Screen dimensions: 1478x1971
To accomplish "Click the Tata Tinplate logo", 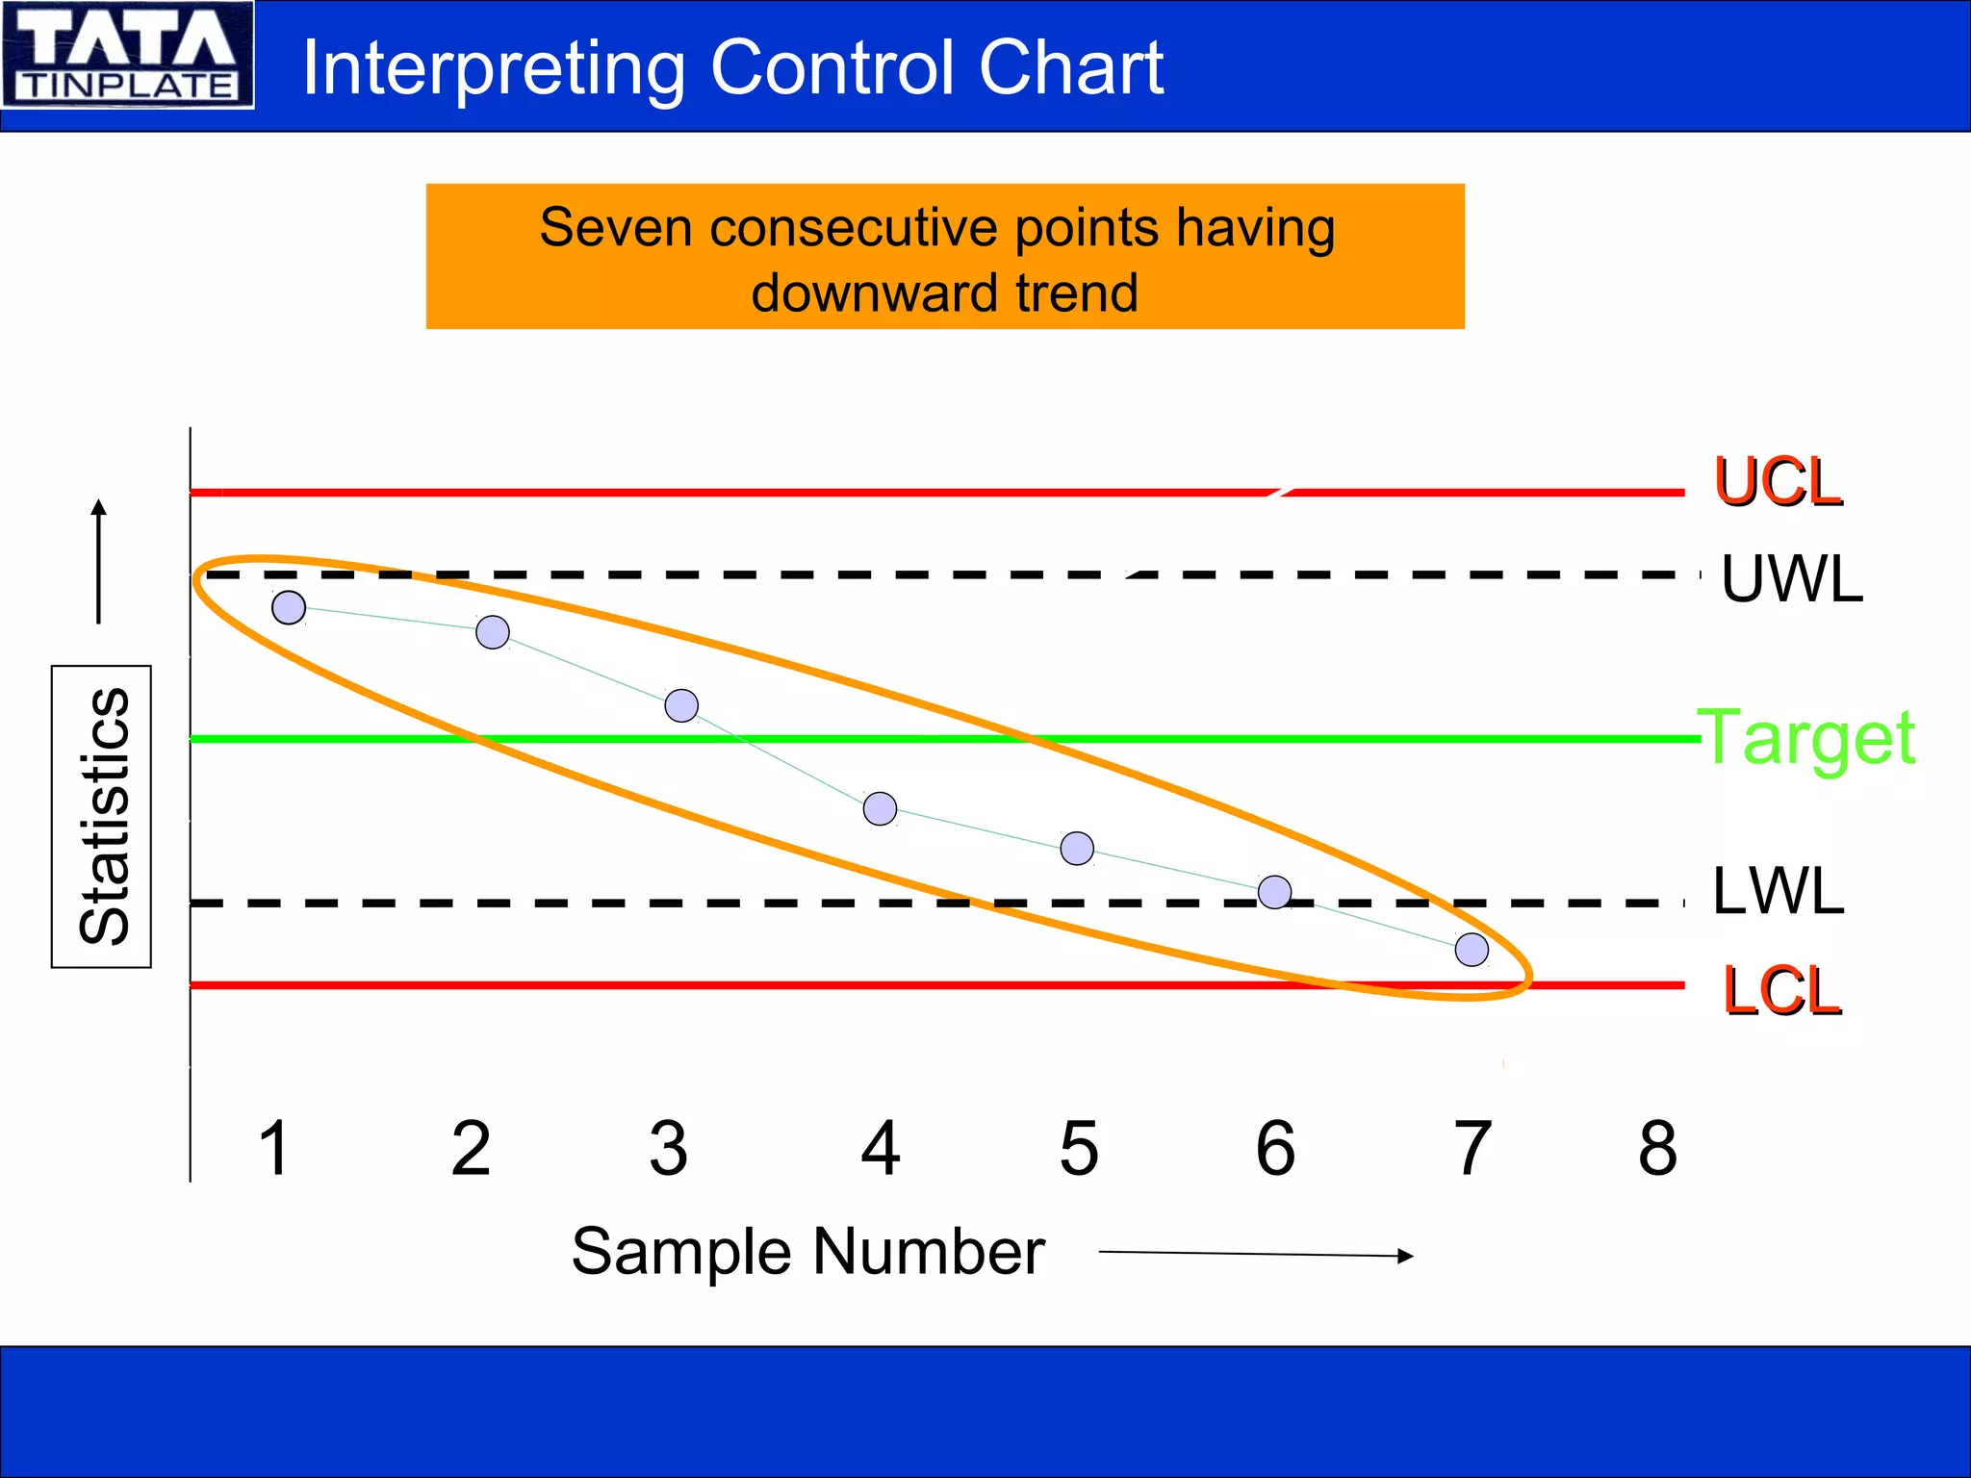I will tap(127, 54).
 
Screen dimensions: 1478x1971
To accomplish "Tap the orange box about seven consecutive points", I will tap(944, 257).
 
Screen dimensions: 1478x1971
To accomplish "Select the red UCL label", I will tap(1778, 482).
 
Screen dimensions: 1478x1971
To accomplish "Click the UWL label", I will tap(1791, 579).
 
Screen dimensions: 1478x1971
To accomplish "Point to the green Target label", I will tap(1806, 738).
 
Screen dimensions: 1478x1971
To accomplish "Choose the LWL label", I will tap(1778, 891).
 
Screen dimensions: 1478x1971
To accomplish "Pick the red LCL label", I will tap(1781, 990).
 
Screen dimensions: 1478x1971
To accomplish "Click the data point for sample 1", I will tap(289, 607).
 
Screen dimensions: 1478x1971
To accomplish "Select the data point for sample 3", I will tap(681, 705).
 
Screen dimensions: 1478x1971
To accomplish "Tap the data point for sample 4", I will tap(880, 808).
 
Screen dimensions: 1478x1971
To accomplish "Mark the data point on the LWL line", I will tap(1274, 892).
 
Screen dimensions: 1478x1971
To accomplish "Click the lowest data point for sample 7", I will tap(1472, 950).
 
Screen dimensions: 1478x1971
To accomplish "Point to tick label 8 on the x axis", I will tap(1657, 1148).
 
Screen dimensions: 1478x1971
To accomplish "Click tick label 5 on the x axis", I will tap(1078, 1148).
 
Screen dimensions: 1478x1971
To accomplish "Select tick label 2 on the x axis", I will tap(471, 1148).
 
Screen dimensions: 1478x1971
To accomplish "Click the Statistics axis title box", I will tap(102, 816).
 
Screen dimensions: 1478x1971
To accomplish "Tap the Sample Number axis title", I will tap(807, 1252).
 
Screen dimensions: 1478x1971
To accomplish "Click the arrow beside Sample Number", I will tap(1255, 1254).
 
